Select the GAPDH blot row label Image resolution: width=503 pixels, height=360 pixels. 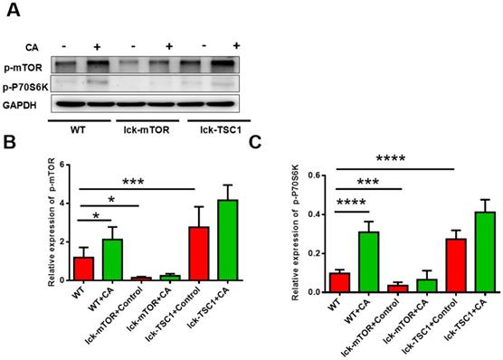pos(24,104)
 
